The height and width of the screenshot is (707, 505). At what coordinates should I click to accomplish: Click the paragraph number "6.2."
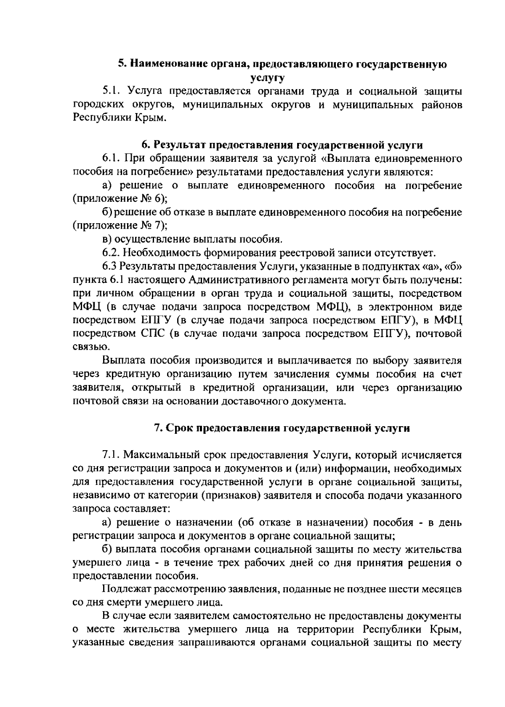112,253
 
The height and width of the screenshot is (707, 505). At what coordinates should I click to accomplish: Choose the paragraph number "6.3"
110,266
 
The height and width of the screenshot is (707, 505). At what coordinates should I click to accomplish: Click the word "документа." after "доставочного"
323,401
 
